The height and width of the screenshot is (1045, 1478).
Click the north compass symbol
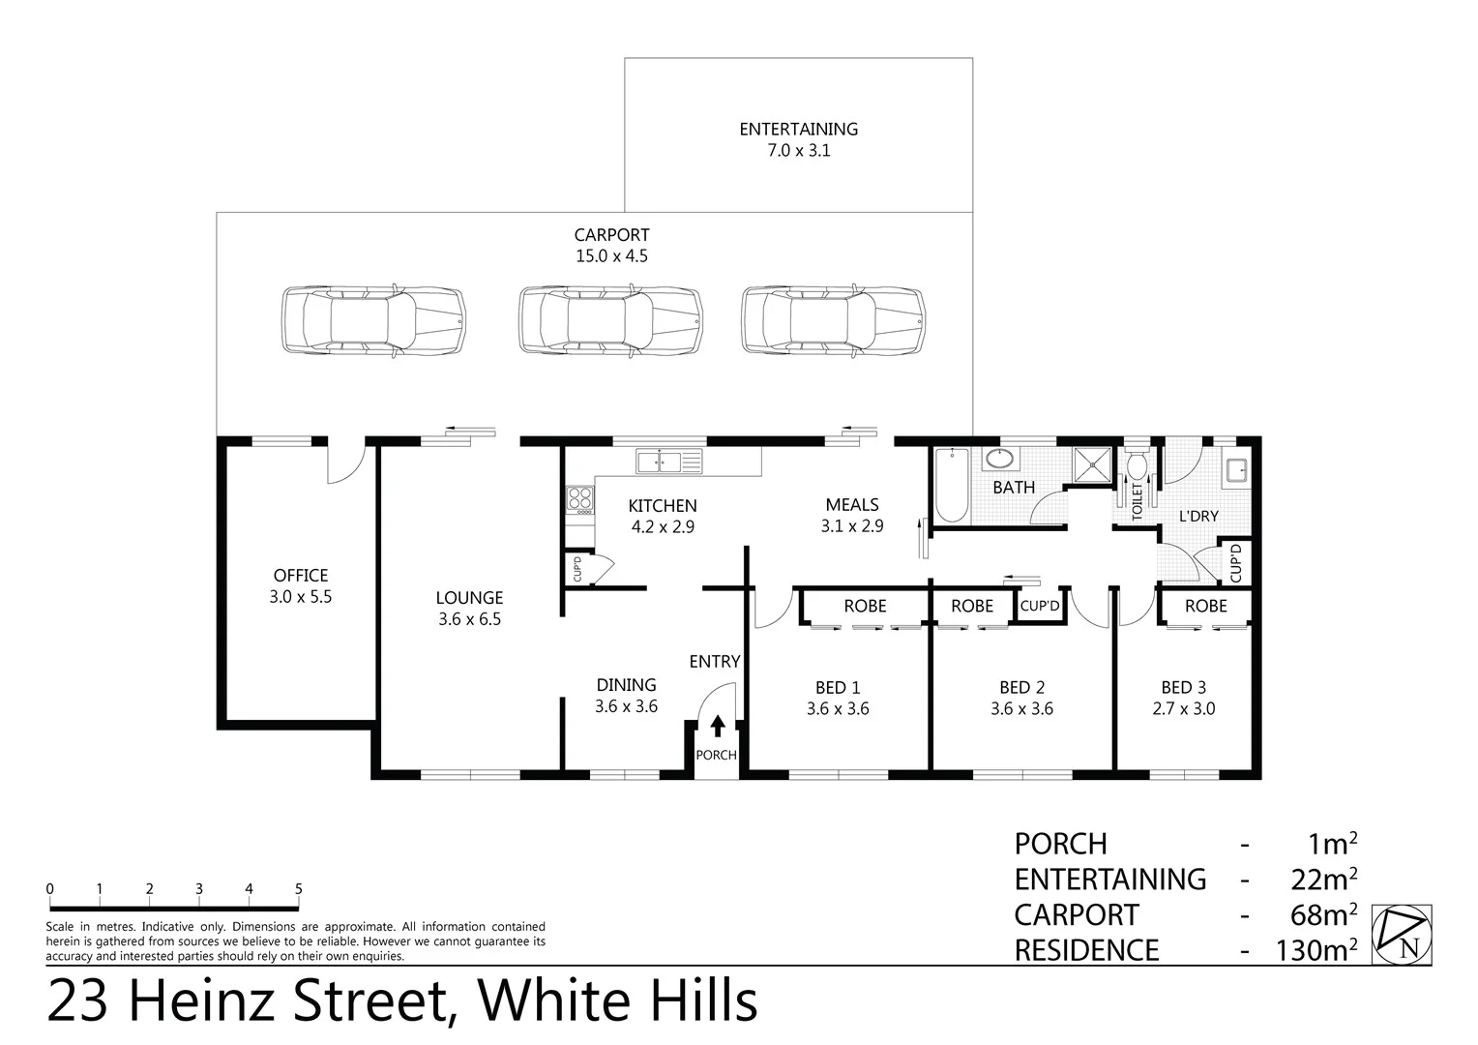[1402, 935]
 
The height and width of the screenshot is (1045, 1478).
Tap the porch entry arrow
[717, 727]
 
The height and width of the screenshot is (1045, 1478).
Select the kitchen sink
[668, 462]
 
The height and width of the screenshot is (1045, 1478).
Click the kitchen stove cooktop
[579, 499]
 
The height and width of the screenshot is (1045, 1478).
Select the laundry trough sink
[1235, 471]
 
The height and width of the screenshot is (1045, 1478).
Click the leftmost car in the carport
[373, 322]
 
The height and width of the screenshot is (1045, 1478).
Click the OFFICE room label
[300, 575]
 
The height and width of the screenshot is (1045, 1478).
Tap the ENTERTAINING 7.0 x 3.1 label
[798, 139]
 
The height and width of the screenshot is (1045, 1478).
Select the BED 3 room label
[1183, 687]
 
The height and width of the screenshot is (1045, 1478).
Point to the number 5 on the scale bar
[298, 889]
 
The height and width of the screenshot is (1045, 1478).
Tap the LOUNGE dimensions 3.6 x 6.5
[469, 620]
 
